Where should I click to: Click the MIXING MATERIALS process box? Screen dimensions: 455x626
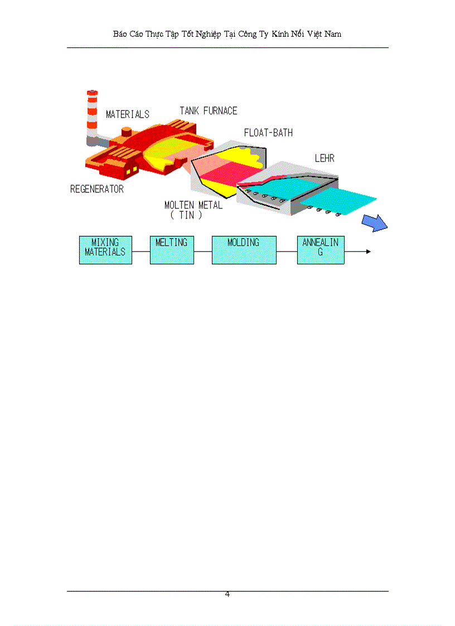[105, 250]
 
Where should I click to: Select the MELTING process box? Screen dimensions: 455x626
[172, 250]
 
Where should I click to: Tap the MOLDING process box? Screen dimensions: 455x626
[244, 250]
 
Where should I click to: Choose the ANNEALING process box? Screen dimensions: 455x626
[321, 250]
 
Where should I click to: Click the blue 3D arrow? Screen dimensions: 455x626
[375, 223]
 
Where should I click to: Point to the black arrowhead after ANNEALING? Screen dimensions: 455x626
[369, 251]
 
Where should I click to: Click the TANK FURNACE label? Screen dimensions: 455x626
[209, 111]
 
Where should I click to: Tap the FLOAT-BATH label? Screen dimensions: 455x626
[268, 133]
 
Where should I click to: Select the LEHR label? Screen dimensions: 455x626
[325, 158]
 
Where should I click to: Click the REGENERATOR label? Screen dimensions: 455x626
[97, 189]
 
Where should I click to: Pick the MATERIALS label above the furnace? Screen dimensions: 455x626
[128, 115]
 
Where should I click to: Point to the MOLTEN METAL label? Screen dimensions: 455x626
[193, 205]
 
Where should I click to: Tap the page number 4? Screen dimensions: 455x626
[227, 594]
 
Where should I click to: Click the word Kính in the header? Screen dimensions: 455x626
[279, 35]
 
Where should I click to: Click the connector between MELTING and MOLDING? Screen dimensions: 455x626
[203, 251]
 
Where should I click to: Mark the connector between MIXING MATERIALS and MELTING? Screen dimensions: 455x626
[141, 251]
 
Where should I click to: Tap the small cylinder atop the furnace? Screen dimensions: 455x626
[127, 132]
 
